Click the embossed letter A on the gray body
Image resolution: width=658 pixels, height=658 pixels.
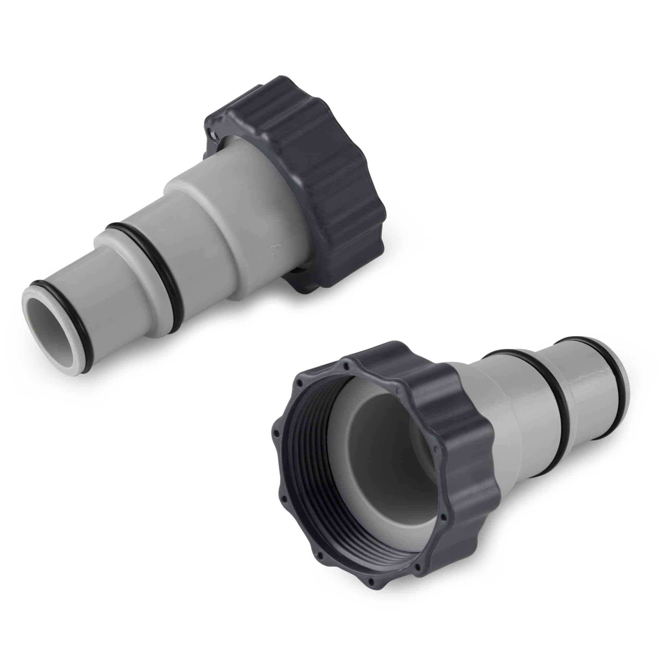click(272, 250)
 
